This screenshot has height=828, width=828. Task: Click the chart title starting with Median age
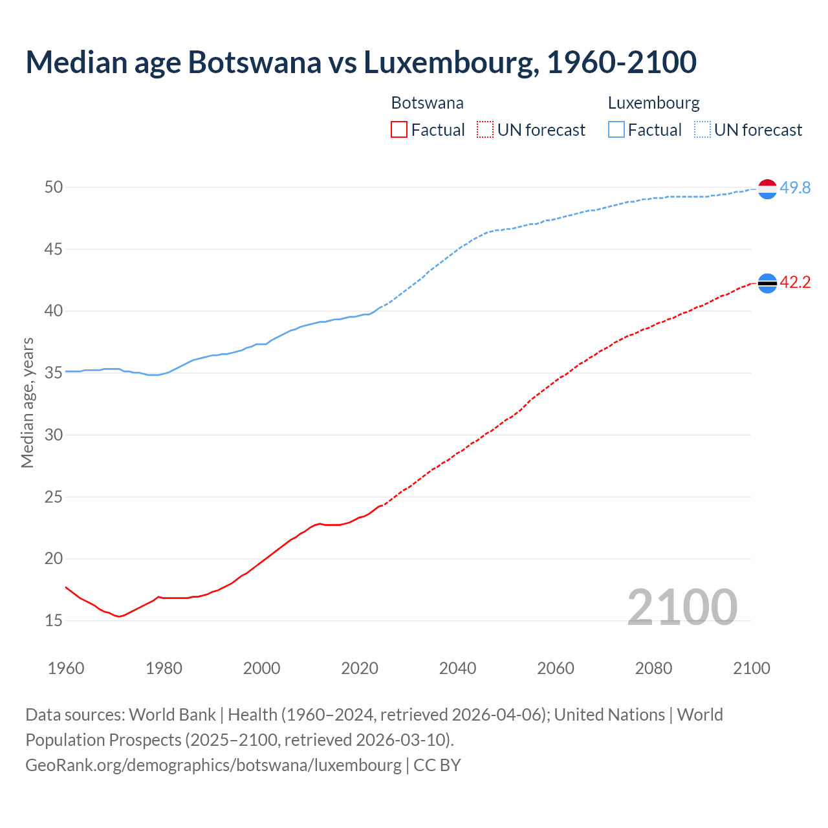tap(361, 62)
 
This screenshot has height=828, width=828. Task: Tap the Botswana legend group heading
tap(427, 103)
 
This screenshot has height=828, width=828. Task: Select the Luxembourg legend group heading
tap(653, 103)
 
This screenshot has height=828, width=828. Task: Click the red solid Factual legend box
tap(399, 130)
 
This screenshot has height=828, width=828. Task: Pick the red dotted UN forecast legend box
tap(485, 130)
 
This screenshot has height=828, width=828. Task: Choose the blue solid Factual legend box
tap(616, 130)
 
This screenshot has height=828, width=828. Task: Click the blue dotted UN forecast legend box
tap(703, 130)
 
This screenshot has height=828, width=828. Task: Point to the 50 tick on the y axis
tap(54, 187)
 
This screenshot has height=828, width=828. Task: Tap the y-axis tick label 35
tap(54, 373)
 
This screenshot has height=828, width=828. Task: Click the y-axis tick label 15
tap(54, 620)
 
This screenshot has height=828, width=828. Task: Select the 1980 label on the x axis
tap(164, 668)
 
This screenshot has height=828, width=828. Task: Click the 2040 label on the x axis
tap(457, 668)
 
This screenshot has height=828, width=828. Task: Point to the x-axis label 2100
tap(751, 668)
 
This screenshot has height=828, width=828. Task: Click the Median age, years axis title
tap(27, 402)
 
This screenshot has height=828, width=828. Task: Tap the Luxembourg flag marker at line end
tap(767, 189)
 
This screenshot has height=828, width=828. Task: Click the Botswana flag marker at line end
tap(767, 283)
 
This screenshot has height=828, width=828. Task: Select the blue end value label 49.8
tap(795, 188)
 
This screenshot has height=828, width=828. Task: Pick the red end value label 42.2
tap(795, 282)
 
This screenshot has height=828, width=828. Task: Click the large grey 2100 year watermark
tap(682, 607)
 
